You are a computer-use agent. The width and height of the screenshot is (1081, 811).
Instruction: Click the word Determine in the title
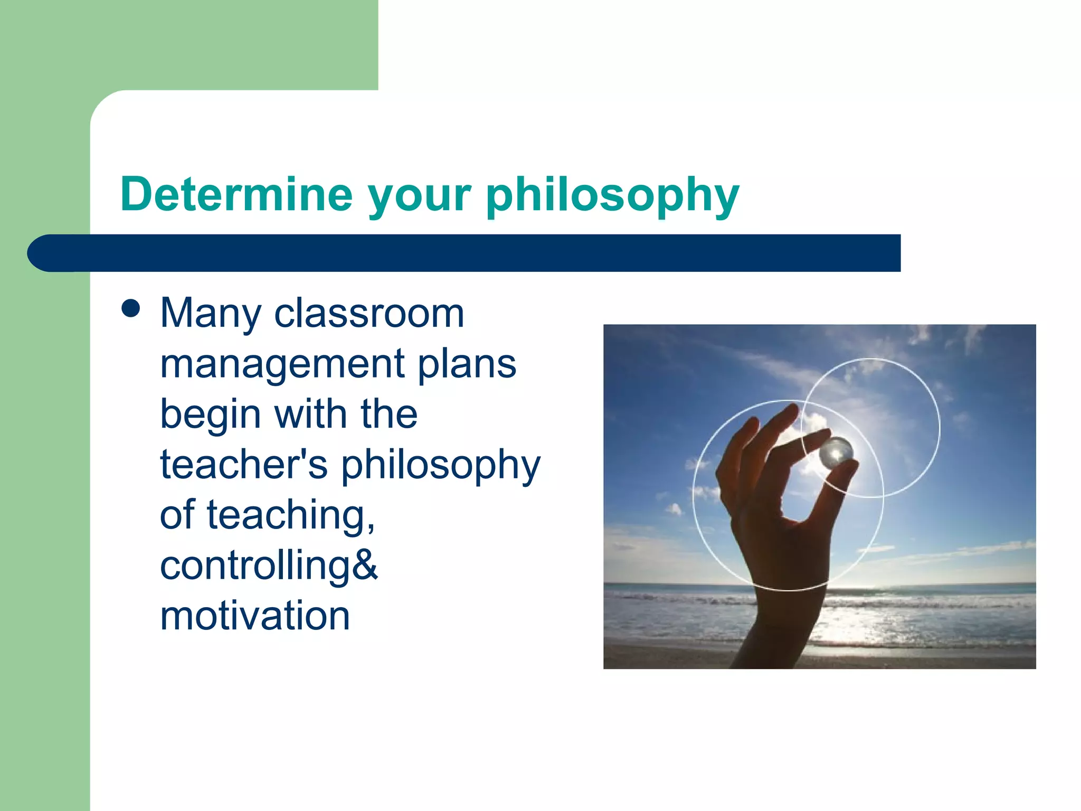[236, 194]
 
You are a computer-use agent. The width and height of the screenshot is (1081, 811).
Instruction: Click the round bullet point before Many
[130, 309]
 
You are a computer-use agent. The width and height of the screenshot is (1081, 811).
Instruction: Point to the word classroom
[369, 313]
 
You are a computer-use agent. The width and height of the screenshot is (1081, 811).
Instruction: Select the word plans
[467, 364]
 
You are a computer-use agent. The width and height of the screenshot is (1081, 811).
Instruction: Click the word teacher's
[243, 465]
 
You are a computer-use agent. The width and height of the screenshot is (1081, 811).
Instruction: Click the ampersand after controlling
[364, 565]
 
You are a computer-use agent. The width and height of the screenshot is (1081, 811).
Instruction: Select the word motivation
[255, 616]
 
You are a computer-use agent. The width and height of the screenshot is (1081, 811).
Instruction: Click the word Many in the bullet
[210, 314]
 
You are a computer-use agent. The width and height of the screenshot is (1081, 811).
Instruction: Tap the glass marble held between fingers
[836, 452]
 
